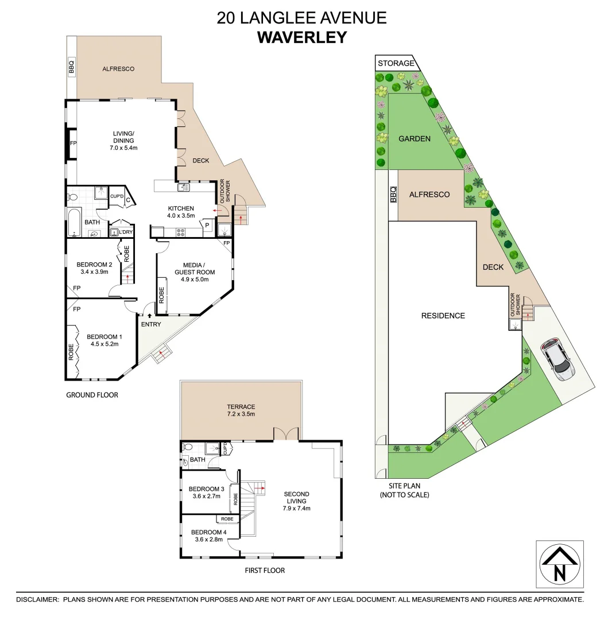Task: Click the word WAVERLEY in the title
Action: pyautogui.click(x=301, y=37)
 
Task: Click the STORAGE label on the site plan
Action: pyautogui.click(x=396, y=63)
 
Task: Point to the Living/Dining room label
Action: pyautogui.click(x=123, y=140)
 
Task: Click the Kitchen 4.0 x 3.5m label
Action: pyautogui.click(x=181, y=212)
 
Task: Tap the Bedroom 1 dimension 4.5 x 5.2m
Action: pyautogui.click(x=104, y=344)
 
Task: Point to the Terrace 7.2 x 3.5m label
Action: pyautogui.click(x=241, y=410)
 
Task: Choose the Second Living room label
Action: pyautogui.click(x=296, y=501)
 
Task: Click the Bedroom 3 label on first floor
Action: pyautogui.click(x=205, y=493)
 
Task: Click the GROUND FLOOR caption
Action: pyautogui.click(x=92, y=395)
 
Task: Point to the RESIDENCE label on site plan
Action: pyautogui.click(x=443, y=315)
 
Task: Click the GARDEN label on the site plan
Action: pyautogui.click(x=415, y=138)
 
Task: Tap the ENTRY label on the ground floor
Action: pyautogui.click(x=150, y=324)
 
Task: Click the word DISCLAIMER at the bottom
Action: pyautogui.click(x=37, y=599)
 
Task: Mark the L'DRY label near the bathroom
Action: pyautogui.click(x=126, y=232)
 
